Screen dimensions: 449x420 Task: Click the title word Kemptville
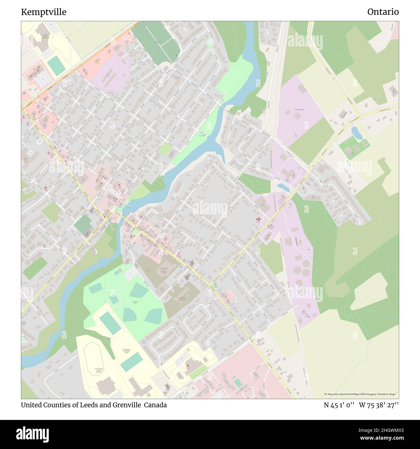[x=44, y=12]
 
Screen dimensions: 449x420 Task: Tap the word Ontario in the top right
[x=383, y=12]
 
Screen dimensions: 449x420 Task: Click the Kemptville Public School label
[x=182, y=299]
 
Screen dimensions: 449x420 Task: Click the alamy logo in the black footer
[x=33, y=434]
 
